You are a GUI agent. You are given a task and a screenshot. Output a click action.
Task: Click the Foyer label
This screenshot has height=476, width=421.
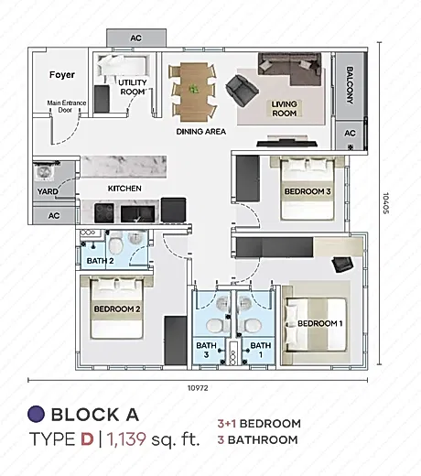tap(62, 75)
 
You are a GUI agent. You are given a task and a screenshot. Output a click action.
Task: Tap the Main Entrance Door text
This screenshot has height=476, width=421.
tap(67, 106)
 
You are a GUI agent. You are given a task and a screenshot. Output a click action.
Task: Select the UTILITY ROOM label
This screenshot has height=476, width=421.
tap(133, 87)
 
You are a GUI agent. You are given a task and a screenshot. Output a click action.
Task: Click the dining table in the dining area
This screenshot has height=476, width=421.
tap(194, 91)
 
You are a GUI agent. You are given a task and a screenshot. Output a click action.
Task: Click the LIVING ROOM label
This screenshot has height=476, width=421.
tap(285, 109)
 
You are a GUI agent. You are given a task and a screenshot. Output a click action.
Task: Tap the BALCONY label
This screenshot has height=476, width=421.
tap(350, 85)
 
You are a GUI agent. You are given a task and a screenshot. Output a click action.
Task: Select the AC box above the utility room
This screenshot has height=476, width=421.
tap(136, 38)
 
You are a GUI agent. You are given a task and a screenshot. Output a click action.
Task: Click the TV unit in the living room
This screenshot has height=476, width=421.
tap(286, 143)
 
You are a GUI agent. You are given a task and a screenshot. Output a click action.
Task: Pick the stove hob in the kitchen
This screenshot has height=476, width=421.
tap(104, 213)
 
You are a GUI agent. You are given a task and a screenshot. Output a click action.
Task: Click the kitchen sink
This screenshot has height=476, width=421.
tap(138, 214)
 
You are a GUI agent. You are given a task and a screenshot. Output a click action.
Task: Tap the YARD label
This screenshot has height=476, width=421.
tap(48, 191)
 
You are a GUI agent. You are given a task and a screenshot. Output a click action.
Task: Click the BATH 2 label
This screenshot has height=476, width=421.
tap(100, 261)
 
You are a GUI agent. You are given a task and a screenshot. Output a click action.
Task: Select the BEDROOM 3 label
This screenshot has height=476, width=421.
tap(308, 191)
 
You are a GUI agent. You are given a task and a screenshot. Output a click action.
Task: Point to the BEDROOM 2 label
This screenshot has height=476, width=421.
tap(117, 309)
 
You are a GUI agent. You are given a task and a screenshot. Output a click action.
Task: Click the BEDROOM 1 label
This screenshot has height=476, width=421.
tap(320, 323)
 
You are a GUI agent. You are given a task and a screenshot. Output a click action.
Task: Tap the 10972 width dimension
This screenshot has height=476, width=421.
tap(198, 388)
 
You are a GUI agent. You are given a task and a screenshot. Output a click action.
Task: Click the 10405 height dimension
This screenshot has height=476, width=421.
tap(385, 203)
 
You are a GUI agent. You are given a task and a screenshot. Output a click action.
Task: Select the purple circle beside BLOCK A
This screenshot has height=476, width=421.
tap(37, 414)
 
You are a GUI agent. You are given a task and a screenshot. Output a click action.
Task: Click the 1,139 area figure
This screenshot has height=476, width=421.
tap(126, 438)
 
